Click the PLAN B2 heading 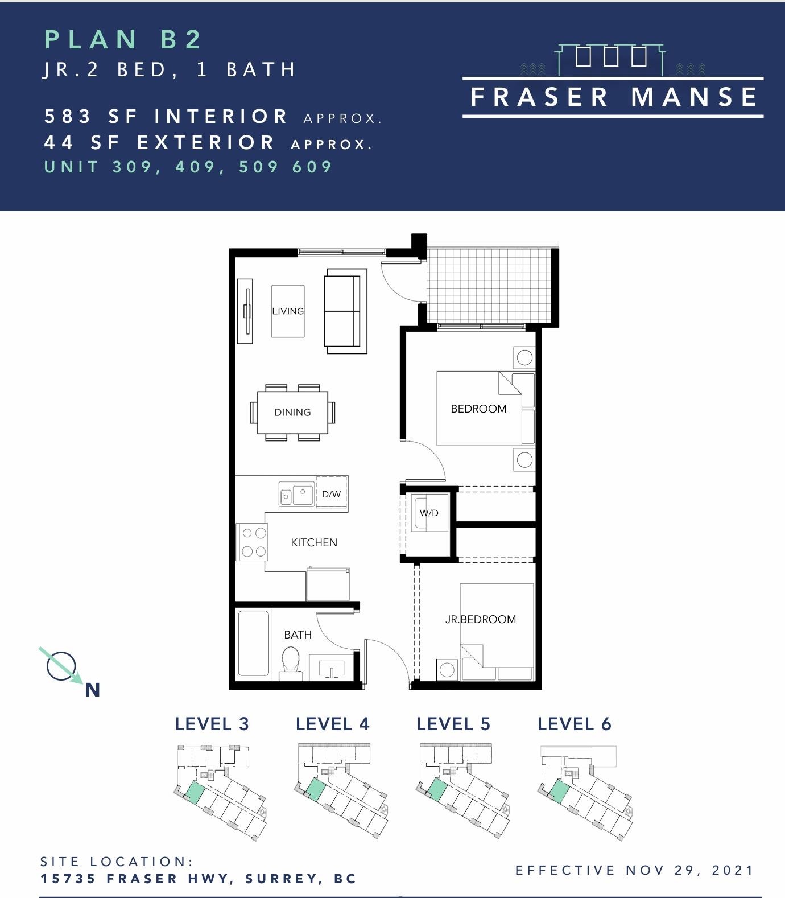pyautogui.click(x=123, y=39)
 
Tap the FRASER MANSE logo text pyautogui.click(x=613, y=97)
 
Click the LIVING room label pyautogui.click(x=288, y=311)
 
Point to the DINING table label pyautogui.click(x=292, y=412)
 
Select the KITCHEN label pyautogui.click(x=314, y=542)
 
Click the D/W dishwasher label pyautogui.click(x=331, y=494)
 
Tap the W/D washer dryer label pyautogui.click(x=429, y=513)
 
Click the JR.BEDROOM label pyautogui.click(x=481, y=619)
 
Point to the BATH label pyautogui.click(x=298, y=635)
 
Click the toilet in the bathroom pyautogui.click(x=291, y=663)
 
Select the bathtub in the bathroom pyautogui.click(x=254, y=644)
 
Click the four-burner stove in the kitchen pyautogui.click(x=253, y=542)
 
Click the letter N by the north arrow pyautogui.click(x=93, y=690)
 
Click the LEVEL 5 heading pyautogui.click(x=453, y=724)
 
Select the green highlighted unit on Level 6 pyautogui.click(x=559, y=792)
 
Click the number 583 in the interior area pyautogui.click(x=68, y=116)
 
